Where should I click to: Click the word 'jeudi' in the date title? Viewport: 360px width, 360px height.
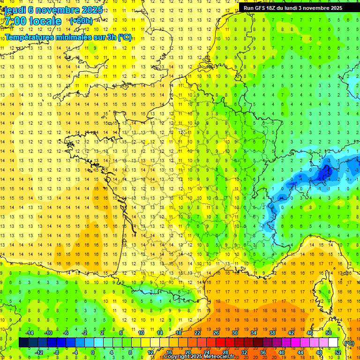15,10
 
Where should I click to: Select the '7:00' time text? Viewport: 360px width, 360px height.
15,21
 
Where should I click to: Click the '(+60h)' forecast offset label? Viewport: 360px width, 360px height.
81,21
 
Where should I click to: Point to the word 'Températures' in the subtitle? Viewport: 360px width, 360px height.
32,37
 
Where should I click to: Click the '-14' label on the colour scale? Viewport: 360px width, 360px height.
29,333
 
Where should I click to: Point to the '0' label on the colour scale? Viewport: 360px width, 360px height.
93,352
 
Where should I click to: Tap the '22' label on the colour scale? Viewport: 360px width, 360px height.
197,333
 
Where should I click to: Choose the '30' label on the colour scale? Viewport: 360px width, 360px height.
234,333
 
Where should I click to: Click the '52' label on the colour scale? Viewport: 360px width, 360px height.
338,352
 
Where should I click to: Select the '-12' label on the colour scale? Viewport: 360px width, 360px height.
39,352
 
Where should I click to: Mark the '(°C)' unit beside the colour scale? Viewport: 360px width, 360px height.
349,343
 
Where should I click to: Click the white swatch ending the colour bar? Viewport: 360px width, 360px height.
333,343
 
